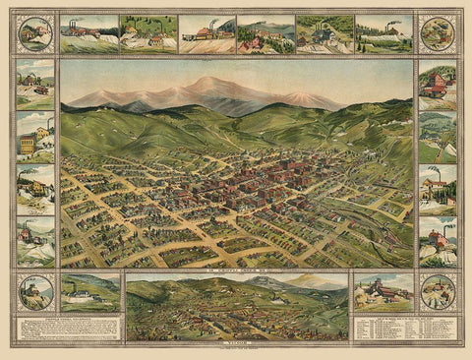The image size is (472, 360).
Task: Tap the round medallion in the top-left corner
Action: (36, 32)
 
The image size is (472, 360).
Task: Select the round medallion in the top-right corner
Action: (437, 33)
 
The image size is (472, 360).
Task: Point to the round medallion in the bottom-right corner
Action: (437, 292)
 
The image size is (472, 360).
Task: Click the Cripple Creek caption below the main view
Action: (236, 268)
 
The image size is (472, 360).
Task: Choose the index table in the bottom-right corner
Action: (405, 329)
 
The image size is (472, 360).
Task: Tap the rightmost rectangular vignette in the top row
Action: (383, 32)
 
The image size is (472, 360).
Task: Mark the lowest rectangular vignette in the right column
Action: (437, 241)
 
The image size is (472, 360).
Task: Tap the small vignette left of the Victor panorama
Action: (89, 292)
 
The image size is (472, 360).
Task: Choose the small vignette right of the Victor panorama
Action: (383, 292)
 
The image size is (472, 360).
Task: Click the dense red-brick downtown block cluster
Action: (265, 177)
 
